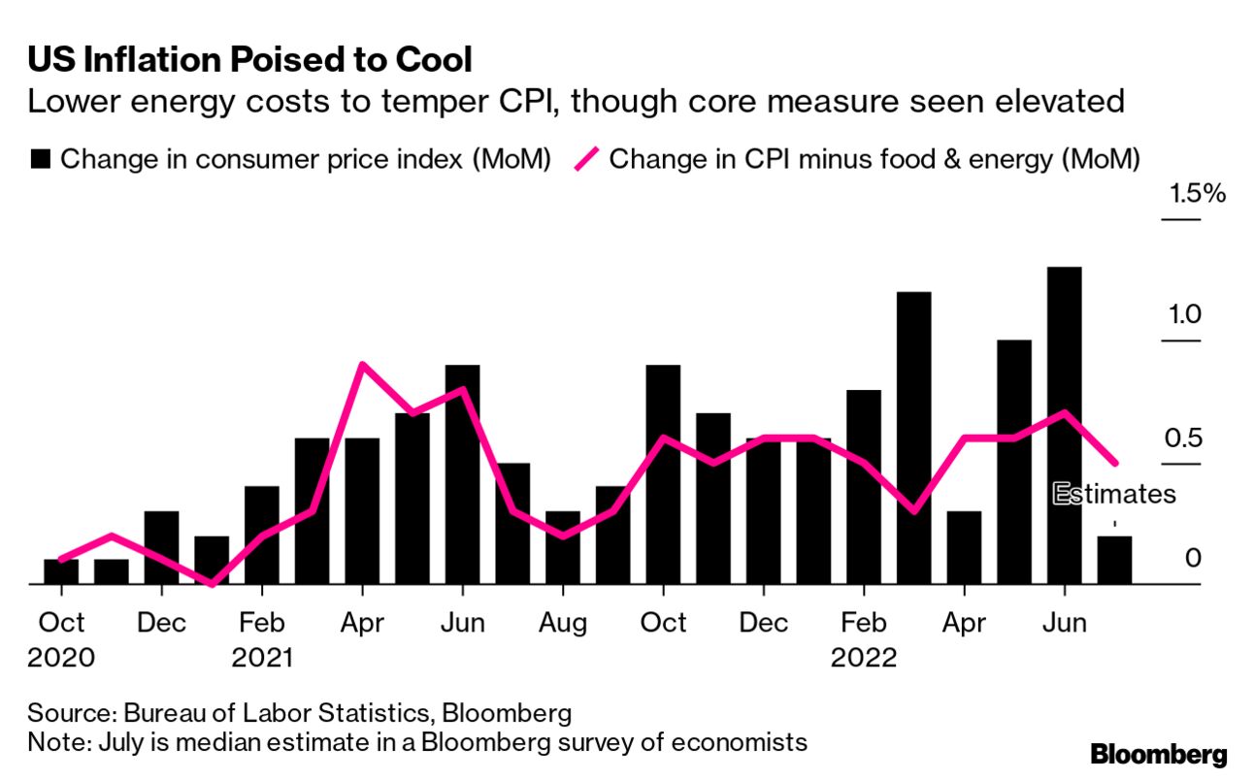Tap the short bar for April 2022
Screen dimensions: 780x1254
tap(964, 547)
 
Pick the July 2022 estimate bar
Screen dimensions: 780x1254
tap(1114, 560)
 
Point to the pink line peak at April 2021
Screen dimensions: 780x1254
tap(361, 365)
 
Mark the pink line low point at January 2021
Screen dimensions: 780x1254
tap(212, 583)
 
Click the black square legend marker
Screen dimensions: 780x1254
tap(40, 160)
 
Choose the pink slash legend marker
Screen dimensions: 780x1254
tap(585, 160)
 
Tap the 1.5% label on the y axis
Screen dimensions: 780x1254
tap(1198, 193)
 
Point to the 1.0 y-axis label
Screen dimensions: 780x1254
tap(1185, 315)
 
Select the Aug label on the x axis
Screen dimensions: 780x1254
tap(563, 622)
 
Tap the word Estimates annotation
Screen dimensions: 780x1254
tap(1114, 494)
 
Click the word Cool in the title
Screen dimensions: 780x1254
tap(431, 60)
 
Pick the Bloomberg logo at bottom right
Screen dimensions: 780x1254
tap(1159, 754)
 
